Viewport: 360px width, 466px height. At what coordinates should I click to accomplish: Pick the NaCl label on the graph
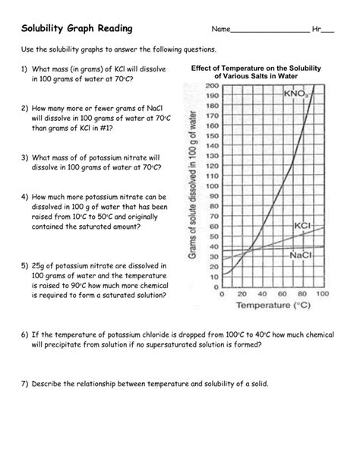(x=302, y=255)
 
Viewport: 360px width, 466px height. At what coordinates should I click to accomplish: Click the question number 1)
(x=24, y=69)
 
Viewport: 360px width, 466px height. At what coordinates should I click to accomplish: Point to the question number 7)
(x=24, y=384)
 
